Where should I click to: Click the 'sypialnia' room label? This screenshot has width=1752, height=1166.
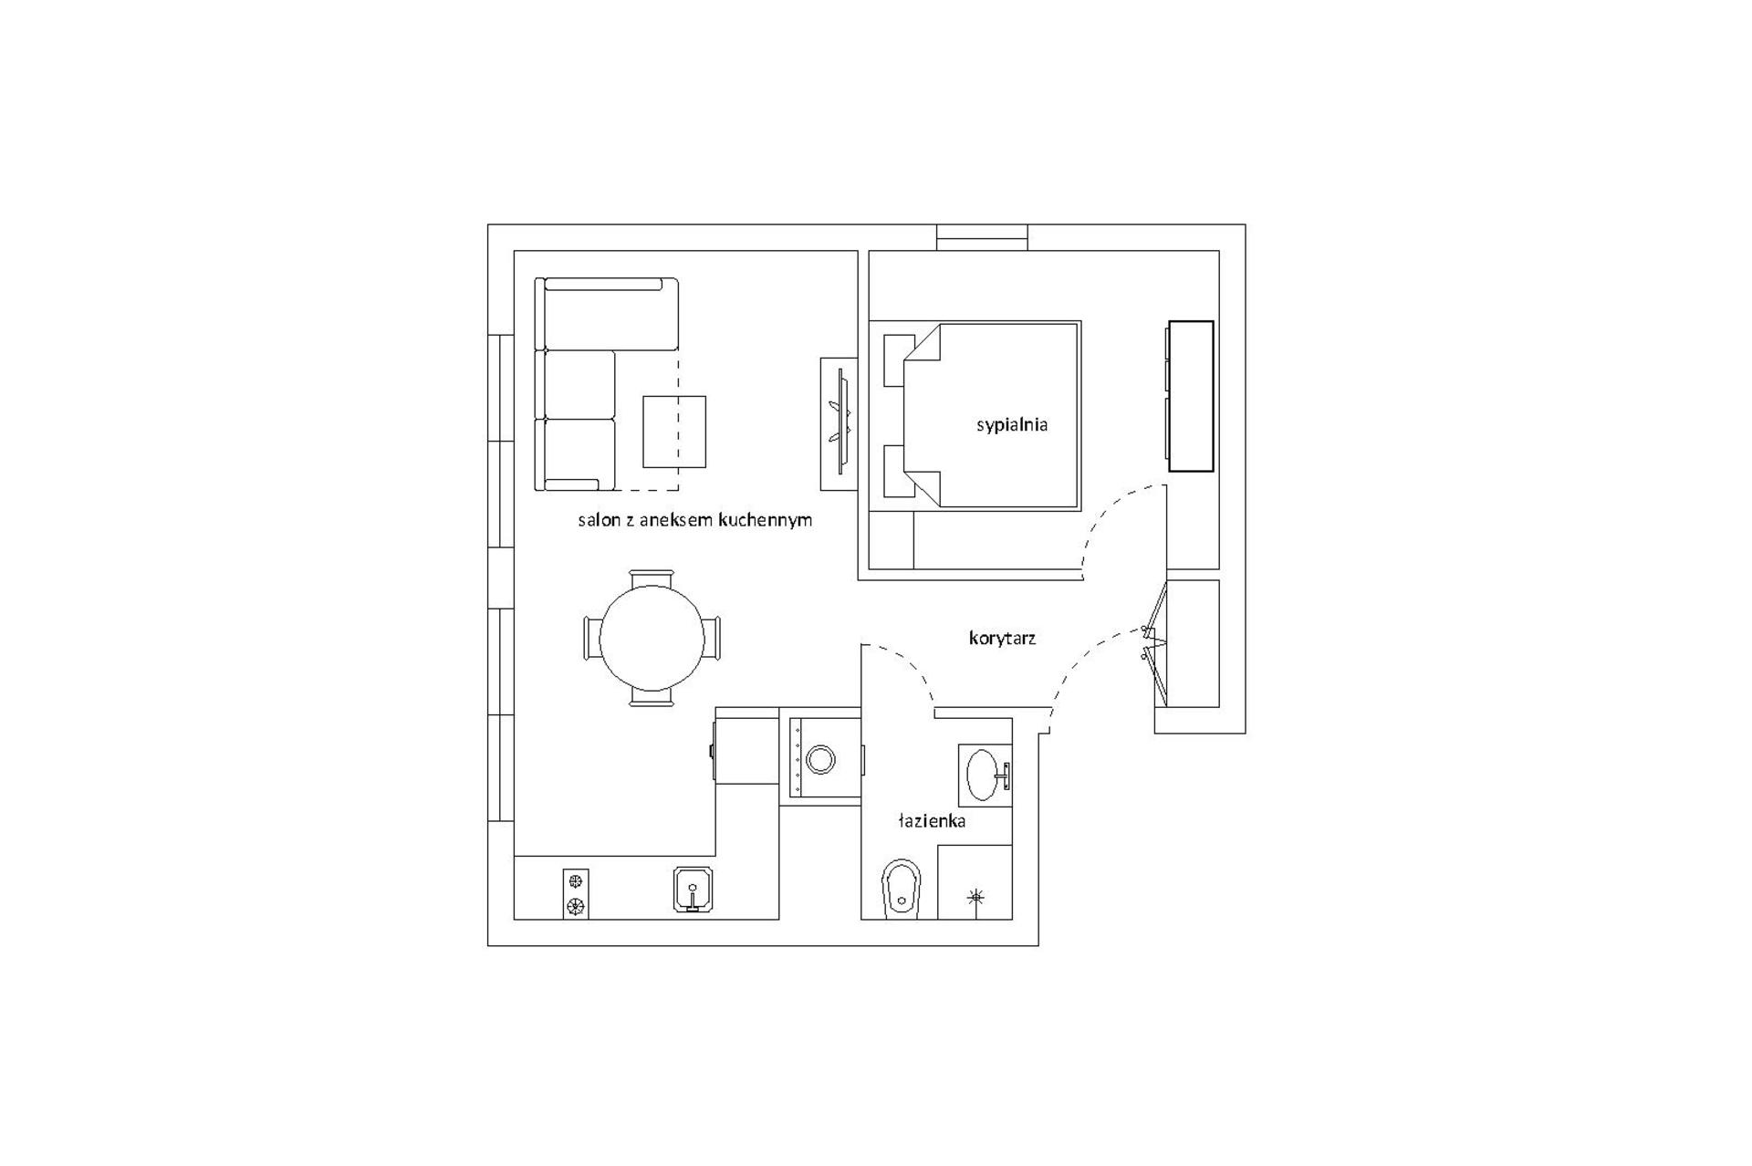1012,424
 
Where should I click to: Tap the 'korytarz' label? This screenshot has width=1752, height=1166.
1002,639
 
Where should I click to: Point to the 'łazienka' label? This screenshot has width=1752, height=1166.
932,821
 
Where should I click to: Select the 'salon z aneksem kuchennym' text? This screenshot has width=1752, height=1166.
694,520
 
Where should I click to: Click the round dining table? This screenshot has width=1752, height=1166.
652,639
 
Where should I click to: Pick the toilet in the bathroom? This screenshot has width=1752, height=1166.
902,889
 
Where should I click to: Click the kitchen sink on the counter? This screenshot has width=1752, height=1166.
693,890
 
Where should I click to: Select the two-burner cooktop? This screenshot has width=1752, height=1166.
575,894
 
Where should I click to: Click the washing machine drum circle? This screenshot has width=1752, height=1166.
820,759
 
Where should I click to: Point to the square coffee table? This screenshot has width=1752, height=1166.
674,432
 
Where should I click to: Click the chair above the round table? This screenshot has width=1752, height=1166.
652,578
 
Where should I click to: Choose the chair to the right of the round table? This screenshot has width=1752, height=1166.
712,638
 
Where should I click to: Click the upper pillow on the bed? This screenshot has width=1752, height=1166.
899,360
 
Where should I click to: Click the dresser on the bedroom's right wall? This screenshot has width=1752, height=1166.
1191,396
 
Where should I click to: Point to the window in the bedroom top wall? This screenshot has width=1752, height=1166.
983,238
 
